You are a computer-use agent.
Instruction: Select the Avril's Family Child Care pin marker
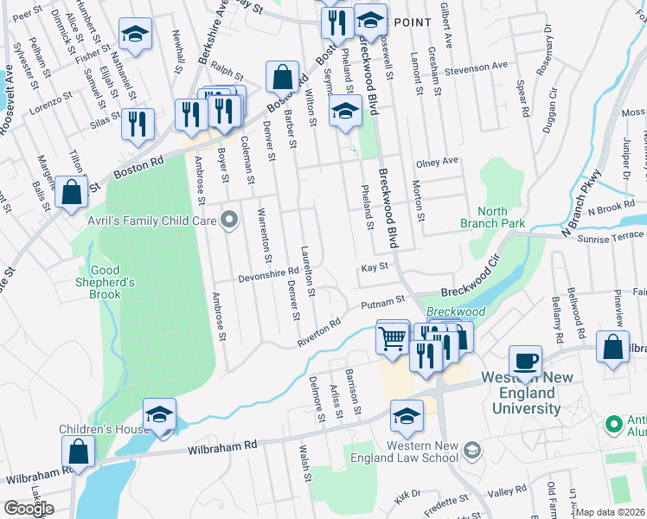[229, 220]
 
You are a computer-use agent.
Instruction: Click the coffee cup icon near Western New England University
[525, 358]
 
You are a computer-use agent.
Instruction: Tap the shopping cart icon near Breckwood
[393, 336]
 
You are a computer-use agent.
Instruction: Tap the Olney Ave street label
[437, 162]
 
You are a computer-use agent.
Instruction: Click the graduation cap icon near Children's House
[160, 415]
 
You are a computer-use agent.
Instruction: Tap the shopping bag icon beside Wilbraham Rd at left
[78, 452]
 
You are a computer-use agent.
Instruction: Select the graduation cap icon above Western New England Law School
[407, 417]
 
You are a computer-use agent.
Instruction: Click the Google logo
[29, 508]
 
